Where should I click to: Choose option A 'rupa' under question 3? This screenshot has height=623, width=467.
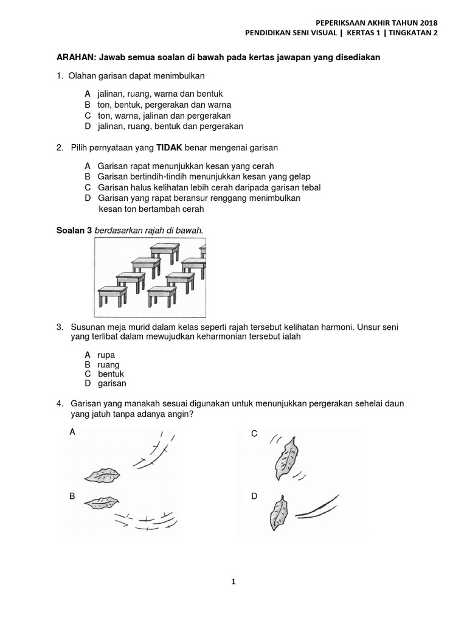point(106,355)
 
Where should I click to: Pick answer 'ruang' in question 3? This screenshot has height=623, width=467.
point(108,364)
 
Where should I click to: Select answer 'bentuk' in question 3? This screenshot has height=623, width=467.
point(111,374)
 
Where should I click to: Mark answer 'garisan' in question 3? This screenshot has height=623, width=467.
point(112,383)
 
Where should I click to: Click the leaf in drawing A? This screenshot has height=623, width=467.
point(100,475)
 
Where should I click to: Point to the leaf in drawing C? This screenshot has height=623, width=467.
point(285,458)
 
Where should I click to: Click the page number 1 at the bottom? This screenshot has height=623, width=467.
point(233,582)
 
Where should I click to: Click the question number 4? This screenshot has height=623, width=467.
point(60,403)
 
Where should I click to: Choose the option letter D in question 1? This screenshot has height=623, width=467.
point(88,126)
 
